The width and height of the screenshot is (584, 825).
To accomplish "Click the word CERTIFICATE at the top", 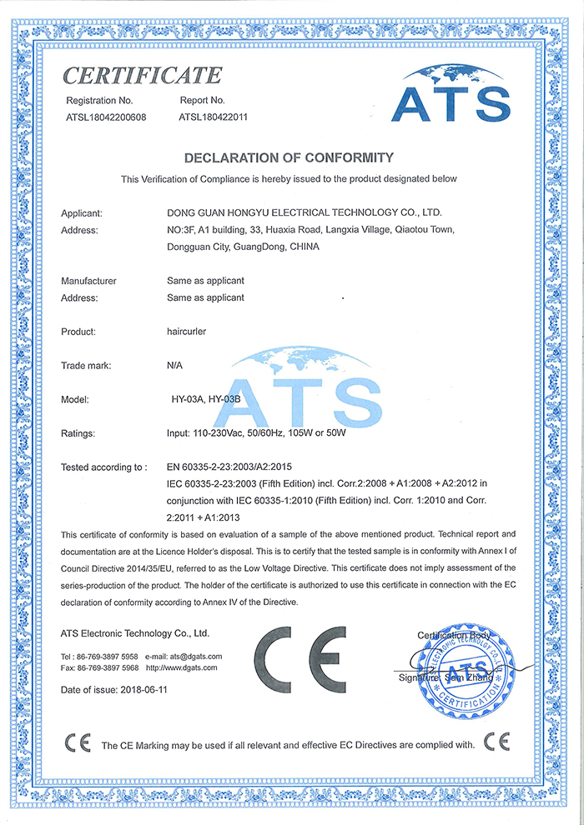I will click(x=143, y=76).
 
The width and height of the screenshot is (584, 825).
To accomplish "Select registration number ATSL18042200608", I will click(x=106, y=117).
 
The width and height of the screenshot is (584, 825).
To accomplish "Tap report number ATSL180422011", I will click(x=213, y=117).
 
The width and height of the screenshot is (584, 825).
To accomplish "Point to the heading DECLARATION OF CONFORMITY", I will click(x=288, y=157).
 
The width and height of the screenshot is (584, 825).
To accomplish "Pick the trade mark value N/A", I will click(x=174, y=366).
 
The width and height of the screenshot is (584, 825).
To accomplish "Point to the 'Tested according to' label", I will click(x=103, y=467).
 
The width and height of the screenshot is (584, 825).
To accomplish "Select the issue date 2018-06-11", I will click(x=154, y=691).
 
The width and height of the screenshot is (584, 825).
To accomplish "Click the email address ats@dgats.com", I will click(x=194, y=657).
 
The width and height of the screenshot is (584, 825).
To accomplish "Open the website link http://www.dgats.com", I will click(x=181, y=667).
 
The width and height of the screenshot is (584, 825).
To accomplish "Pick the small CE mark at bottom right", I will click(x=496, y=742).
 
